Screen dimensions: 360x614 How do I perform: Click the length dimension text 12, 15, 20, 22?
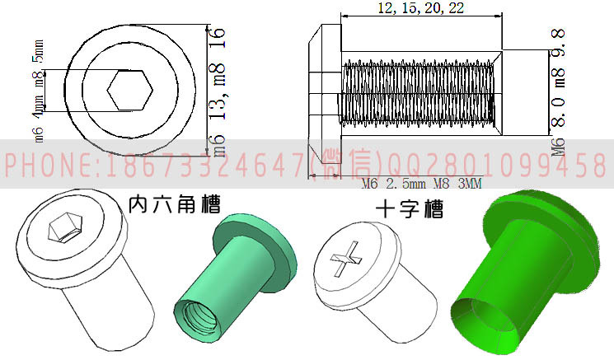click(420, 8)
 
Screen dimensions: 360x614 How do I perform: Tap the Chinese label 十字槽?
click(407, 209)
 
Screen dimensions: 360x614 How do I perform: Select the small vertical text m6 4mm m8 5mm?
click(38, 91)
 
